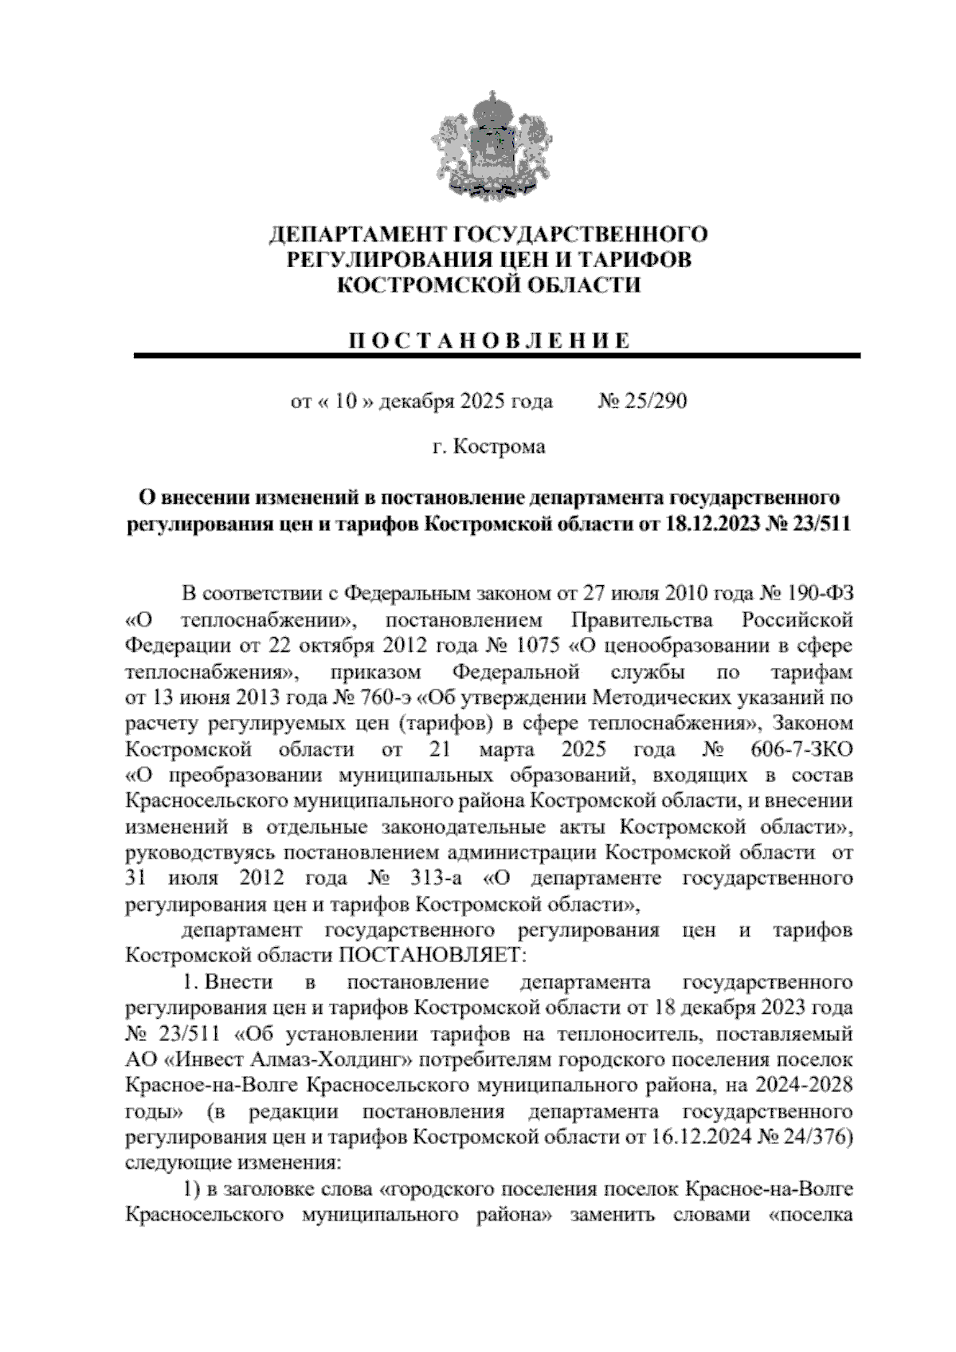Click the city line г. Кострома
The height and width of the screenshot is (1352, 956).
pyautogui.click(x=488, y=446)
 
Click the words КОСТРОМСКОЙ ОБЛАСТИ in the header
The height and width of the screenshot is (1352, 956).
pyautogui.click(x=488, y=285)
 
